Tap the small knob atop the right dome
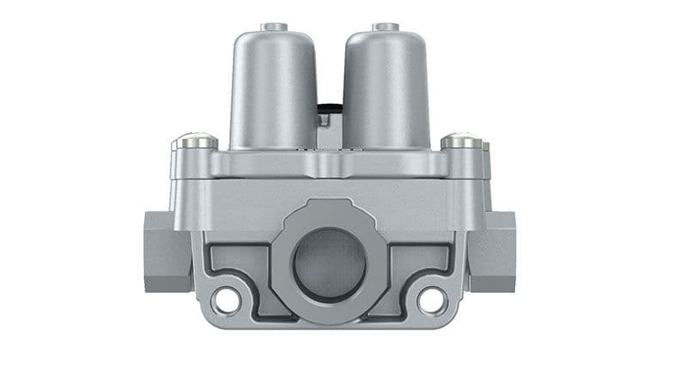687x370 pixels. coord(383,27)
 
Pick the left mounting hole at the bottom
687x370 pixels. coord(226,300)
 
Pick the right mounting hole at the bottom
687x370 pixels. coord(431,300)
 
